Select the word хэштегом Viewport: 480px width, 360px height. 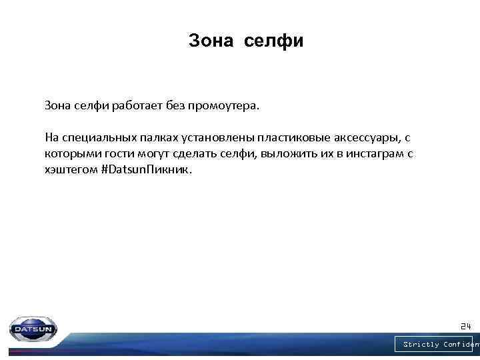coord(69,170)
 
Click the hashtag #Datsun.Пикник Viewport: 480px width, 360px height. coord(145,170)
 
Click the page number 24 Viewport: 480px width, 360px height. coord(465,327)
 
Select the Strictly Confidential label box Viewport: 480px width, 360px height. coord(437,345)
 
